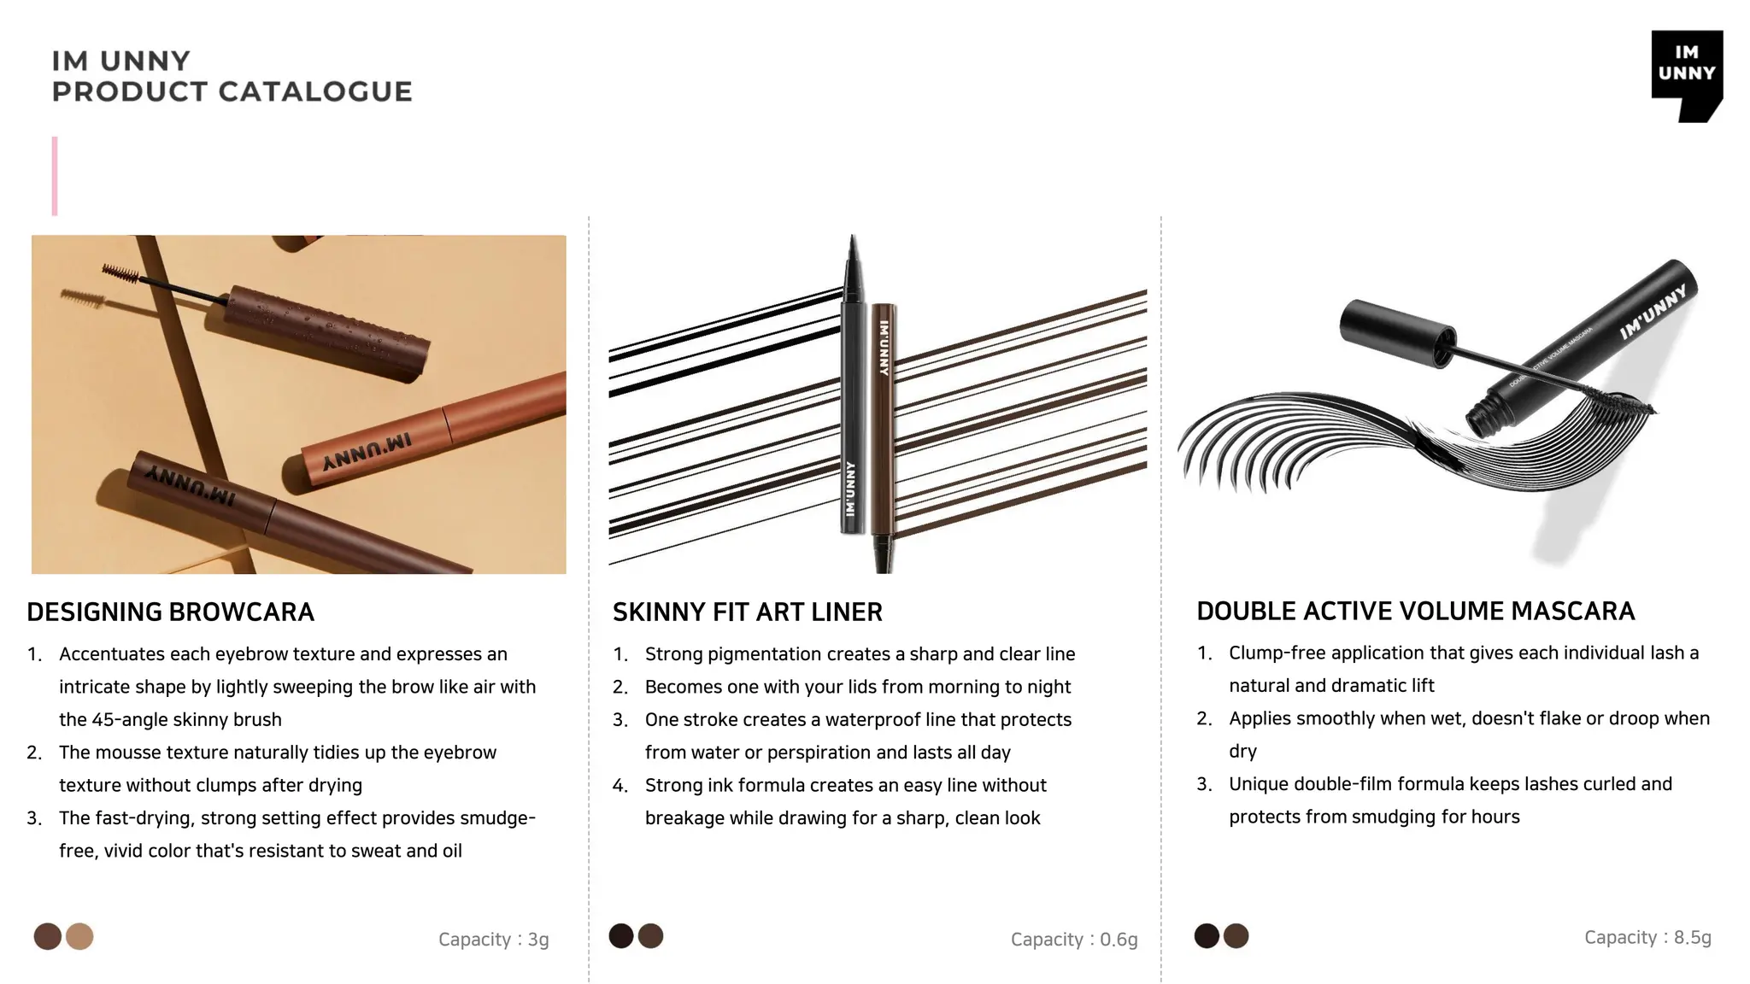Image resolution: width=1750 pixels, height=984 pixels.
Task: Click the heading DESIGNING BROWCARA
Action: click(x=170, y=612)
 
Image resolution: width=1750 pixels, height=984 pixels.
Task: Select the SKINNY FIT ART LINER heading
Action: click(x=747, y=612)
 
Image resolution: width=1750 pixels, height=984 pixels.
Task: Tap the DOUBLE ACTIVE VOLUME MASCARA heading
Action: click(x=1415, y=611)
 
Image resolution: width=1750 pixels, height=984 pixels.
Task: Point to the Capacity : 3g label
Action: click(x=493, y=940)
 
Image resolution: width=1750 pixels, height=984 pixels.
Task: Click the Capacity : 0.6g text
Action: click(x=1073, y=940)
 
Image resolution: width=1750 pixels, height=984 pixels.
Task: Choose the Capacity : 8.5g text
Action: click(x=1647, y=937)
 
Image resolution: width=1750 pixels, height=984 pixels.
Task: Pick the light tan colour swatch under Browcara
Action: click(x=79, y=936)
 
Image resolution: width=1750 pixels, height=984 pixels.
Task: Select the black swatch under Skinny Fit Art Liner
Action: click(x=621, y=936)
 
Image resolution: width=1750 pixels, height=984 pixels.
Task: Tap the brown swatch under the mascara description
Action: click(x=1236, y=936)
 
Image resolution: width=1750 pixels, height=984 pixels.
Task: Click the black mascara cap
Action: click(x=1397, y=332)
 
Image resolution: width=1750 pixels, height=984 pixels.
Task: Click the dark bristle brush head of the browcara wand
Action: click(x=120, y=274)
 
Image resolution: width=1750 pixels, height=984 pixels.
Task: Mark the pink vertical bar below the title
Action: click(x=55, y=176)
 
